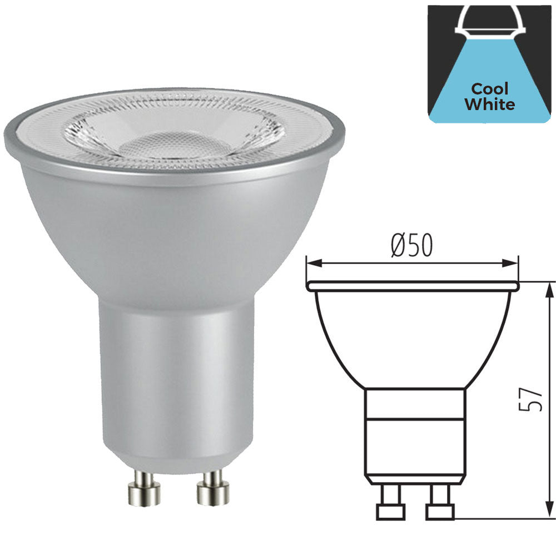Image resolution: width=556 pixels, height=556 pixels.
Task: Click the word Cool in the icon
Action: pyautogui.click(x=489, y=89)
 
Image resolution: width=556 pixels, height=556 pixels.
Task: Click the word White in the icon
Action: pyautogui.click(x=489, y=104)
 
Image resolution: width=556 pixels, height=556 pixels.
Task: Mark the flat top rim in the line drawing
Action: pyautogui.click(x=413, y=286)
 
